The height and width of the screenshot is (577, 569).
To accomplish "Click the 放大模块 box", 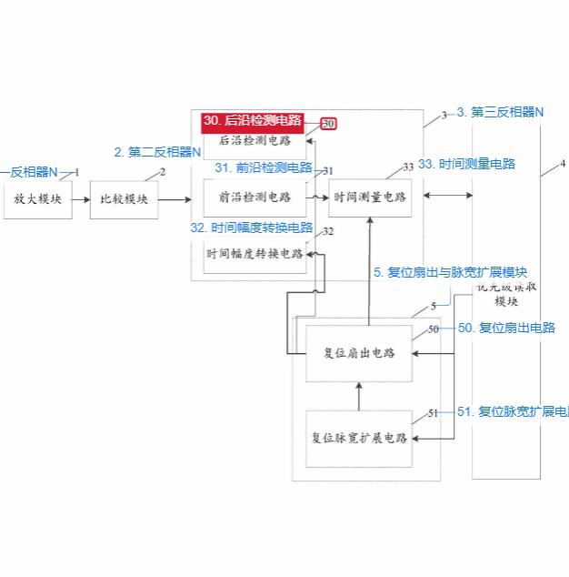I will pos(37,198).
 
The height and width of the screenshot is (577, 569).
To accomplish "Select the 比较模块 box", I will pos(124,198).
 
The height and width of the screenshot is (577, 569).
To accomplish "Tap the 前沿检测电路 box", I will pos(255,197).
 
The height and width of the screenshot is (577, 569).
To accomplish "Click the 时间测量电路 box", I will pos(370,197).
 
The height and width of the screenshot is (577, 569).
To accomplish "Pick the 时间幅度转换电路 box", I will pos(255,254).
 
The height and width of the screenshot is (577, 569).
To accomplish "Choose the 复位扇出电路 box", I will pos(359,352).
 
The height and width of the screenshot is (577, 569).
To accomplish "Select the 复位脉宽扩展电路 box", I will pos(359,438).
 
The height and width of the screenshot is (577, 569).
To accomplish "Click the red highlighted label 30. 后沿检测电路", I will pos(253,120).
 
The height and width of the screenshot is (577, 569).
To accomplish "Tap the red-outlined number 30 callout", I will pos(328,123).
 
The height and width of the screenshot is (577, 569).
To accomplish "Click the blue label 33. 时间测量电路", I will pos(466,164).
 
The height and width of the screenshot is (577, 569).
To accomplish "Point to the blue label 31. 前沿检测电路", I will pos(263,167).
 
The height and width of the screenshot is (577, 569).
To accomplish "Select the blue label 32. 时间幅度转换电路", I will pos(251,228).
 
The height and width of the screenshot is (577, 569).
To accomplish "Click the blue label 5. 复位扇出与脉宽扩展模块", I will pos(451,272).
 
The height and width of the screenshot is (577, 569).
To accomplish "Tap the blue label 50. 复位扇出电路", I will pos(506,328).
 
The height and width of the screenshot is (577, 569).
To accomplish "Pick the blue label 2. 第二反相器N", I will pos(157,152).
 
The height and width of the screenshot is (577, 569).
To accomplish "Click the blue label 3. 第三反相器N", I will pos(500,112).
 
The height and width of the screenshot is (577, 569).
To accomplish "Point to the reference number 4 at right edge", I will pos(562,164).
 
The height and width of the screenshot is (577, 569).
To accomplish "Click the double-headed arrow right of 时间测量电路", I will pos(447,195).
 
